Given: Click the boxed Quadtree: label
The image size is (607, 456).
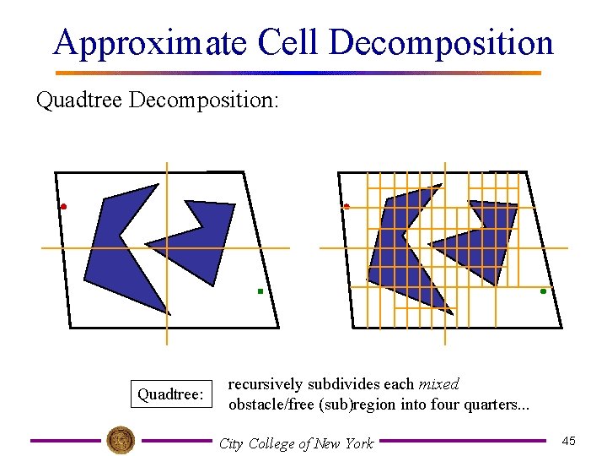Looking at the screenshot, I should tap(171, 395).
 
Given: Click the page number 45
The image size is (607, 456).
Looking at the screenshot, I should tap(569, 442).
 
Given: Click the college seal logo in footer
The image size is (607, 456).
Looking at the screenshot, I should tap(121, 440).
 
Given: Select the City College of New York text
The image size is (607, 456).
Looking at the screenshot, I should tap(295, 442).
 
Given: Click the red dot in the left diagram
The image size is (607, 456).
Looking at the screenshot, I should tap(63, 206).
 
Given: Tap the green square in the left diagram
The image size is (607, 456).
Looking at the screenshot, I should tap(261, 291).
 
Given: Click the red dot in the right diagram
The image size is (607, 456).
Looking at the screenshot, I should tap(346, 206).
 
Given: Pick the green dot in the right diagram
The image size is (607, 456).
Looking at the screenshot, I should tap(543, 291).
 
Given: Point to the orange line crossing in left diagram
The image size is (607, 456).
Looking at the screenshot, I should tap(167, 248).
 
